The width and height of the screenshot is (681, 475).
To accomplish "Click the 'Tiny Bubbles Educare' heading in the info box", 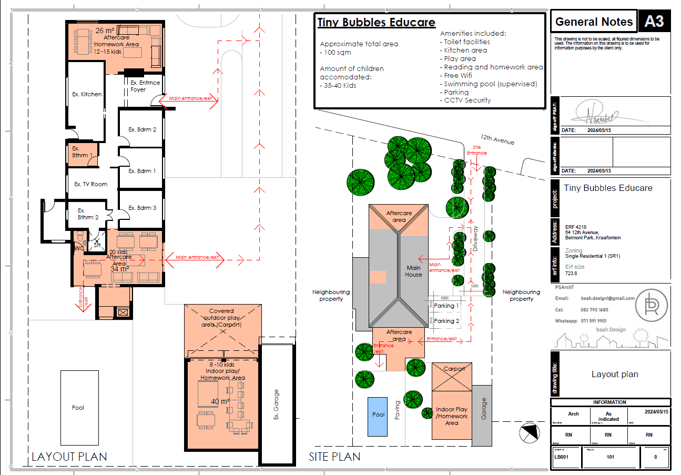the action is pos(377,23).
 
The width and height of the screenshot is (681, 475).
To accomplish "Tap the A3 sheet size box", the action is pos(654,22).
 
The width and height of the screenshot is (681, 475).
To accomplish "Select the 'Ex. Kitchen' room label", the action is pos(87,94).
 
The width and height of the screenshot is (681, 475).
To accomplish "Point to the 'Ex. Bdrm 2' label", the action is pos(143,129).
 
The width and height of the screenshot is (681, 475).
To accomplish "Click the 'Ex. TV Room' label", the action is pos(90,184).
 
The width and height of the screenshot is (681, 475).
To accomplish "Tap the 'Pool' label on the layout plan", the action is pos(78,408).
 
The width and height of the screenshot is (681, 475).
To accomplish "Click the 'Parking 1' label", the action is pos(446,306).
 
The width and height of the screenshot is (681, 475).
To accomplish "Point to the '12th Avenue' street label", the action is pos(496,139).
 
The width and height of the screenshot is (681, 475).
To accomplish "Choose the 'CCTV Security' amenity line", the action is pos(467,100).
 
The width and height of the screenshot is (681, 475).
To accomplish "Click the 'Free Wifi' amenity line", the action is pos(458,75).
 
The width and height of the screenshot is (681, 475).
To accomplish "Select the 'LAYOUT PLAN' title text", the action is pos(69,457).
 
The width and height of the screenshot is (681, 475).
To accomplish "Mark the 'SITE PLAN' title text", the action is pos(334,457).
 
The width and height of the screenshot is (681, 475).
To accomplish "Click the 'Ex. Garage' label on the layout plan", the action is pos(277,405).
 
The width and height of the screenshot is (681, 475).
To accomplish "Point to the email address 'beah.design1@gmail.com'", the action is pos(608,298).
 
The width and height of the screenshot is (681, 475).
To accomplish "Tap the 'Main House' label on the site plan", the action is pos(413,271).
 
